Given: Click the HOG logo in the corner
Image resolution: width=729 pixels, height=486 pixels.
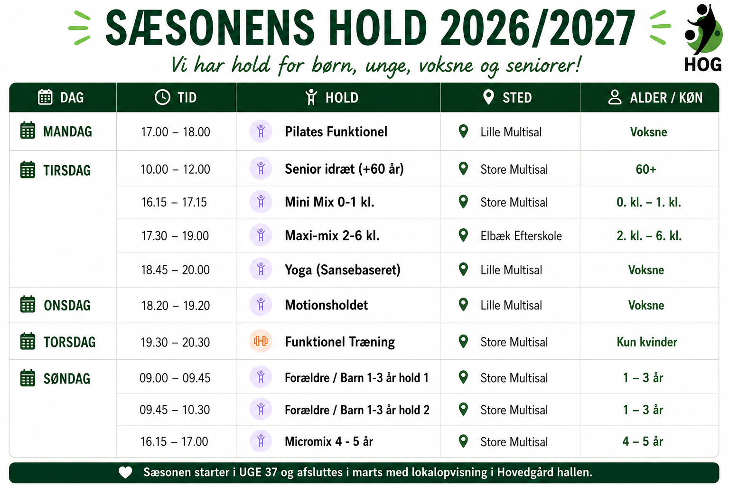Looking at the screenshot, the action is point(703,37).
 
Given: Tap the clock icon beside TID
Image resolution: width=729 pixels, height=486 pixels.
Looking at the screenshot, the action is point(162,97).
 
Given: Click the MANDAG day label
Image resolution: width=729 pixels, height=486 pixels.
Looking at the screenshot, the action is point(67,131).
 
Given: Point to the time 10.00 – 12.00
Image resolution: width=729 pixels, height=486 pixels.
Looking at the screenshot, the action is point(175,169).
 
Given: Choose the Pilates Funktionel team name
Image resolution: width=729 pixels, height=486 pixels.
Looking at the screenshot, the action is point(336,131).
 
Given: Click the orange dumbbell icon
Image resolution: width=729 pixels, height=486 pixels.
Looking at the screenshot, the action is point(261,341).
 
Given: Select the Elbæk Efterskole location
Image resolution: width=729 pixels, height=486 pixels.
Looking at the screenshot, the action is point(521,236).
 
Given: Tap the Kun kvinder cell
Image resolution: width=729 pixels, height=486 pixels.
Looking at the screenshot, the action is point(647,342).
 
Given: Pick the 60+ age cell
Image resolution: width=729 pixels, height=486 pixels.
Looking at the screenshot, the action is point(646,169).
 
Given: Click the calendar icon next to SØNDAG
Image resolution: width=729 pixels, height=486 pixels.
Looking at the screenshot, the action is point(28,378).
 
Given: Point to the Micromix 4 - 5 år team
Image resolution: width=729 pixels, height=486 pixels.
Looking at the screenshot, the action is point(329,441).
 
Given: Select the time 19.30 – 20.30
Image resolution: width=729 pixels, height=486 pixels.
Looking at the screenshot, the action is point(175,342).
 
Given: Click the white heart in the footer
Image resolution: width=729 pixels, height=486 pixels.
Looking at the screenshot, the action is point(125,472).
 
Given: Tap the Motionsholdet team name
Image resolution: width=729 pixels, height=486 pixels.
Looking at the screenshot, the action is point(326,305).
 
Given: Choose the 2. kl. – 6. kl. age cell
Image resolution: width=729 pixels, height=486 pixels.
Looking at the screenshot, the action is point(649,236).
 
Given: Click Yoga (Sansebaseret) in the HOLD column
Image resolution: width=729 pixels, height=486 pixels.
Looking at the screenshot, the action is point(342,270).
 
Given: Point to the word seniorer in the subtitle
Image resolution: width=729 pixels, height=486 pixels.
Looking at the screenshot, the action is point(543,65).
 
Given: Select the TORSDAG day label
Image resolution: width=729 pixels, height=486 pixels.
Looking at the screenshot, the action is point(70,342).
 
